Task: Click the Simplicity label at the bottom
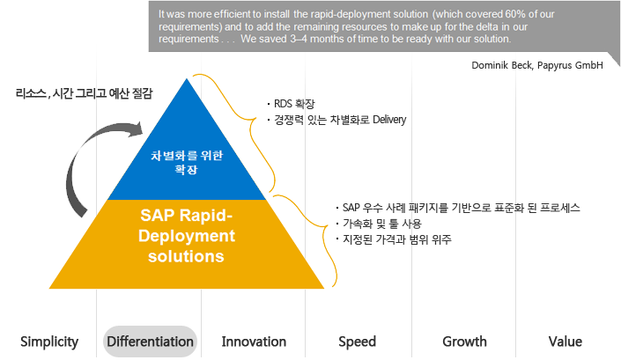click(x=49, y=342)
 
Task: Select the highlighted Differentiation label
click(x=150, y=342)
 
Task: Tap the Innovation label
click(x=254, y=342)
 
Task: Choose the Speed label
click(x=357, y=342)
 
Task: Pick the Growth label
click(x=464, y=342)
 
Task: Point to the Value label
click(x=564, y=342)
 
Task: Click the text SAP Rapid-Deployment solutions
click(x=187, y=236)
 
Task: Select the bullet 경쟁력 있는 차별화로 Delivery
click(x=339, y=120)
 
